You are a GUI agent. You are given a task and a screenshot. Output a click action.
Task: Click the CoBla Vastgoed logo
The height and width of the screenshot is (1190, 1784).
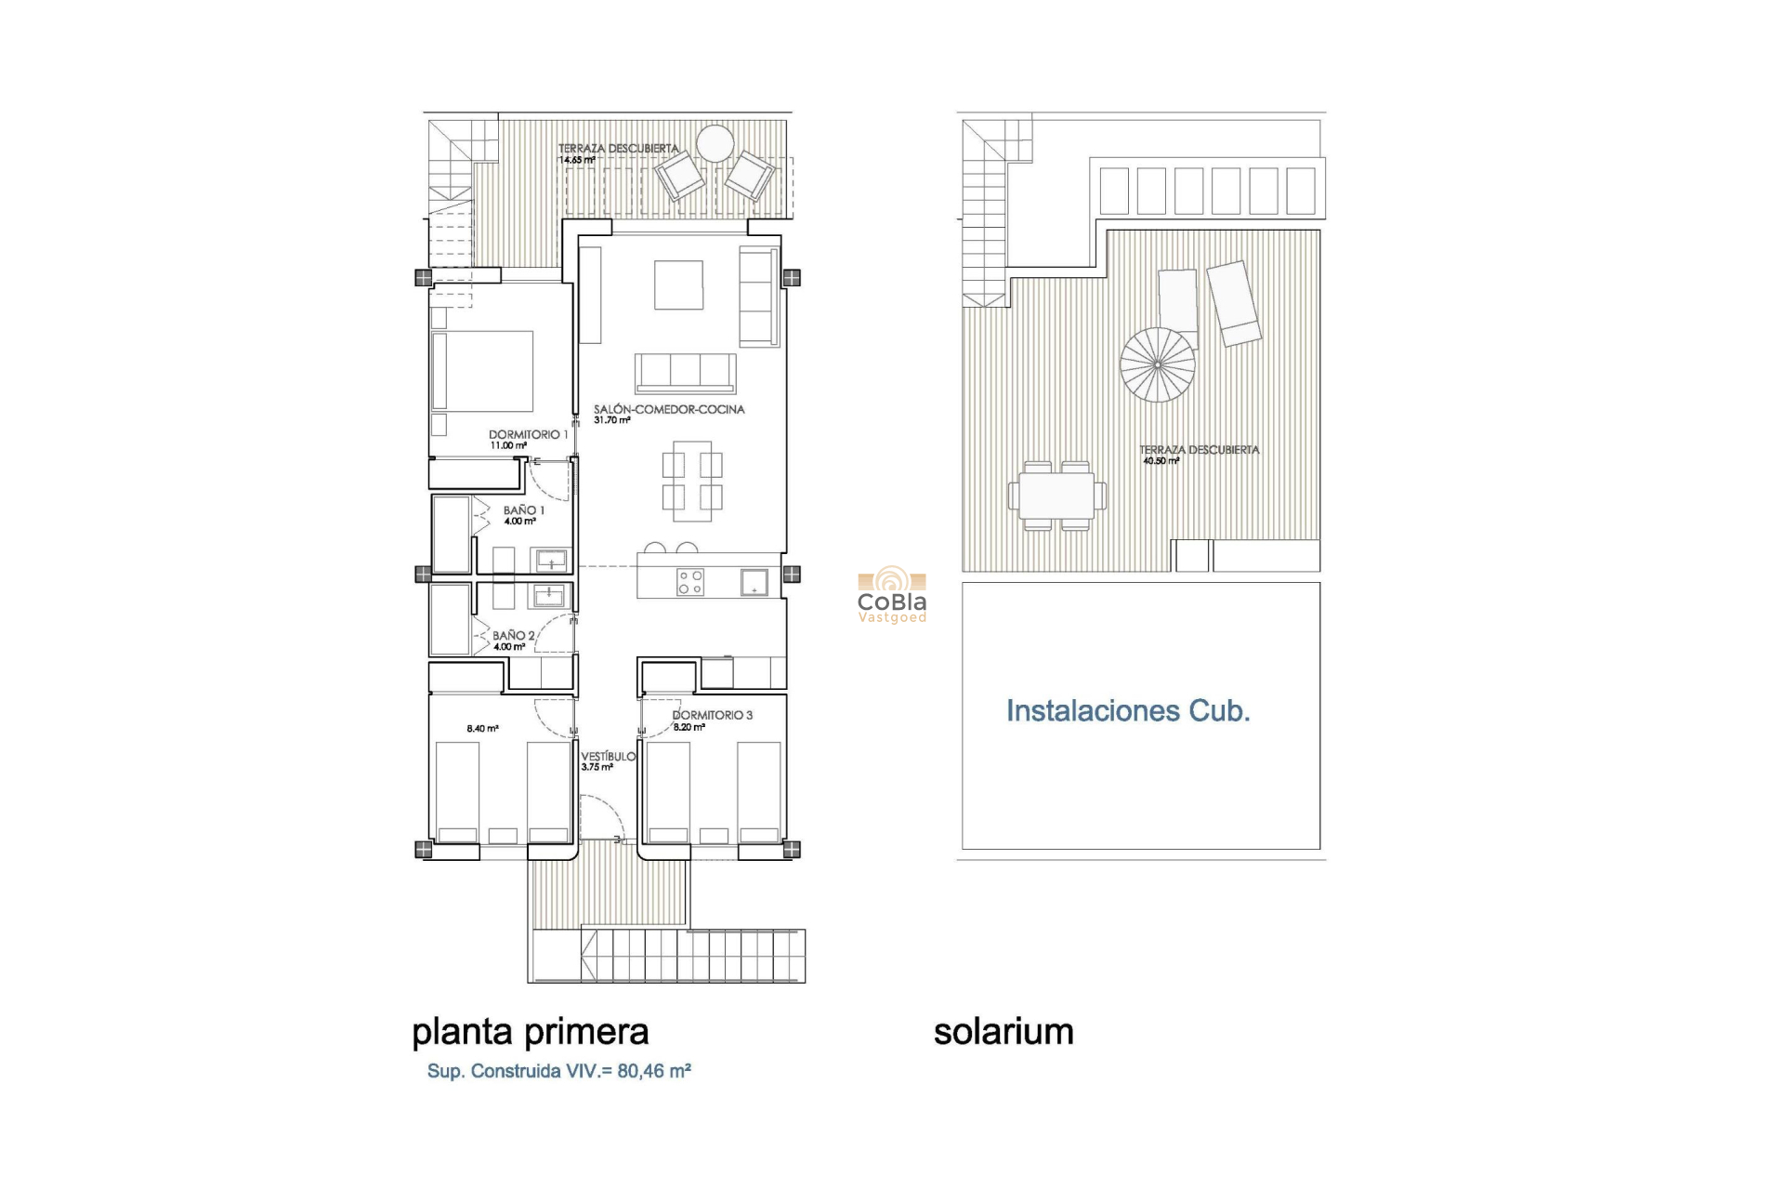(891, 595)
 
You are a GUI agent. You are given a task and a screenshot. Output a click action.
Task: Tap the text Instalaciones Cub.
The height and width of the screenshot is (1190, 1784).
(1128, 711)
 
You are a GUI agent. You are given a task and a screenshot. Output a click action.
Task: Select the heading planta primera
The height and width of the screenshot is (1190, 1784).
(530, 1032)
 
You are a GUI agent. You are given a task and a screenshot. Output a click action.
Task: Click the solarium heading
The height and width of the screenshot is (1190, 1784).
(1003, 1032)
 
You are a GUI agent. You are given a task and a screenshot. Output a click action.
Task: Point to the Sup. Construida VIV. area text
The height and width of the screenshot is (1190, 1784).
(558, 1071)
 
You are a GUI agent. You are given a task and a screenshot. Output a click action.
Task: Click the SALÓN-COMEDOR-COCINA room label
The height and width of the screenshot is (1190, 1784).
(669, 409)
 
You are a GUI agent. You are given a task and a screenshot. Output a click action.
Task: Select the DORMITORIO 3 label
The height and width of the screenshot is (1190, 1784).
(713, 715)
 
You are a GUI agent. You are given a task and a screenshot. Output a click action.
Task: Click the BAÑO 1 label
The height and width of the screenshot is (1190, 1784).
(524, 510)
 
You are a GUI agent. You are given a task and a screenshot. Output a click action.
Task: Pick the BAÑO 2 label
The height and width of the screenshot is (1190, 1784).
(514, 636)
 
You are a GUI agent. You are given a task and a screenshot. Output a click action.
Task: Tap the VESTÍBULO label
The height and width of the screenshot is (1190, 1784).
(609, 757)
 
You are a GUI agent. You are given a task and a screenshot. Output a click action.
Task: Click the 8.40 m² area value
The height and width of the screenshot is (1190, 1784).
(482, 729)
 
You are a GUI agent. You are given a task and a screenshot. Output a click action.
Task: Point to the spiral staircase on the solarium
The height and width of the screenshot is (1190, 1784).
(1157, 364)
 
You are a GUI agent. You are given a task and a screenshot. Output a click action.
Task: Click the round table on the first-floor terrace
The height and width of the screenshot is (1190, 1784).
(715, 144)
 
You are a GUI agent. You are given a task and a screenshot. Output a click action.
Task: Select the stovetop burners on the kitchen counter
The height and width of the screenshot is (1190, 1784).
(690, 582)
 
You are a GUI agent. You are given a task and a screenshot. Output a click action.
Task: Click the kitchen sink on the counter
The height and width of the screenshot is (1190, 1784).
(754, 582)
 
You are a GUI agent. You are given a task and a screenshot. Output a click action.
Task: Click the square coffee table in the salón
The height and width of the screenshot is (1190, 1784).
(678, 284)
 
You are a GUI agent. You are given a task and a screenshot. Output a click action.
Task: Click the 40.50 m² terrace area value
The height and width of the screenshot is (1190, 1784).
(1161, 461)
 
